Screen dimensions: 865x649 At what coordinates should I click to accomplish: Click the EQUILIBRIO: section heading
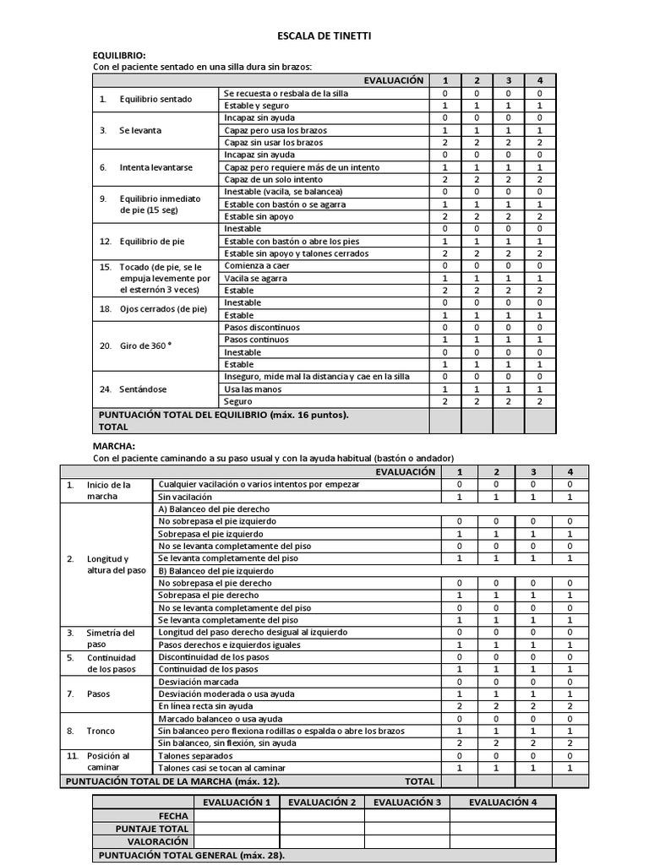(x=118, y=55)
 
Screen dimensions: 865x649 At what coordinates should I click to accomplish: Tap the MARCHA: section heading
(x=113, y=445)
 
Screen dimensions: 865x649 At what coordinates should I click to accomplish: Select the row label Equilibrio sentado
(x=155, y=99)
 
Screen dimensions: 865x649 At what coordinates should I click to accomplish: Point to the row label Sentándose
(x=143, y=389)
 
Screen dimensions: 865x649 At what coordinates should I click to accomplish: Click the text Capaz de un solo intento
(x=272, y=179)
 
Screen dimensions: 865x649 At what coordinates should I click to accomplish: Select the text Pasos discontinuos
(x=262, y=327)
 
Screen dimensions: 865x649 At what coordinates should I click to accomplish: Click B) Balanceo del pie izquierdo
(x=216, y=571)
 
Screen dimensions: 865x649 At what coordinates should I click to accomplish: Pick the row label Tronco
(x=101, y=731)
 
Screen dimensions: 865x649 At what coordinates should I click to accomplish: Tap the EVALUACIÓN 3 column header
(x=407, y=802)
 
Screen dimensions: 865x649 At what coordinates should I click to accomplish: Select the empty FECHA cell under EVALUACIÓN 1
(x=237, y=816)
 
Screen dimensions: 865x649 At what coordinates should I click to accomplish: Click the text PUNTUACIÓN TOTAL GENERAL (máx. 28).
(x=192, y=856)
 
